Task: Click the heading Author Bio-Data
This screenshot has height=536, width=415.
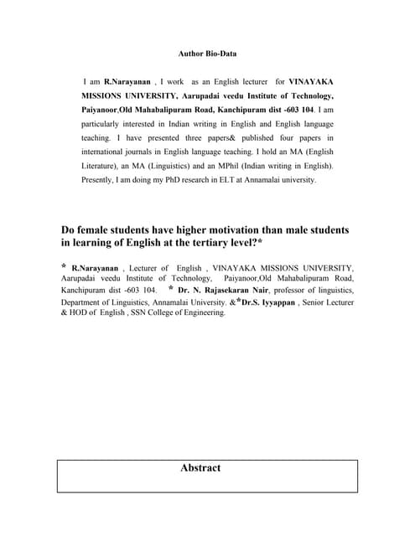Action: point(207,54)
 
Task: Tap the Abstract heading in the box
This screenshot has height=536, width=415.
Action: point(200,469)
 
